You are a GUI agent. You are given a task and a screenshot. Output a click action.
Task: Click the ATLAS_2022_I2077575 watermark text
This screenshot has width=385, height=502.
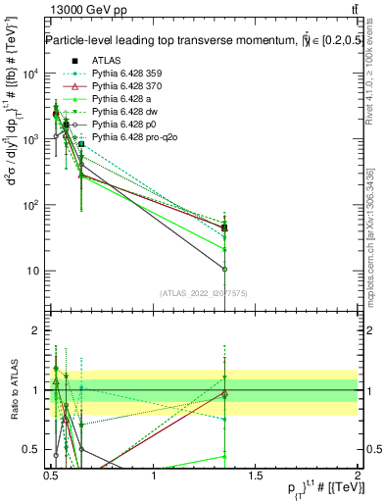point(204,293)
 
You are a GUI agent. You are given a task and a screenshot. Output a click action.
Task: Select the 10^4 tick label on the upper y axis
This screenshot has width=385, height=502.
point(31,74)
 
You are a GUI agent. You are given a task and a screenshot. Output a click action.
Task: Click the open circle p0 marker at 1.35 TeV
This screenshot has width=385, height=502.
point(225,269)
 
